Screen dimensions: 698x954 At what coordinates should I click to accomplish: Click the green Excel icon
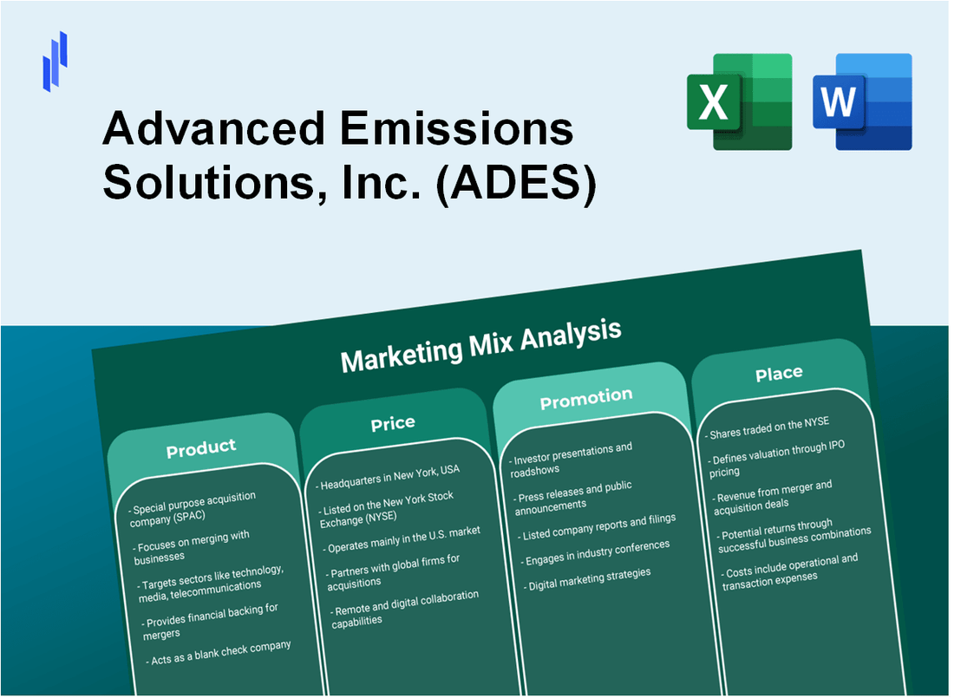(739, 101)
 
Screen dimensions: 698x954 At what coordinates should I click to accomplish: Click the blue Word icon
(862, 101)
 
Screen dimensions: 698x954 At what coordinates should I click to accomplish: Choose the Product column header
(201, 448)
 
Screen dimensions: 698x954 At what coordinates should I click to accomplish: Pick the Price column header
(393, 423)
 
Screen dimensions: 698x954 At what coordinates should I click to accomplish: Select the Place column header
(779, 374)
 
